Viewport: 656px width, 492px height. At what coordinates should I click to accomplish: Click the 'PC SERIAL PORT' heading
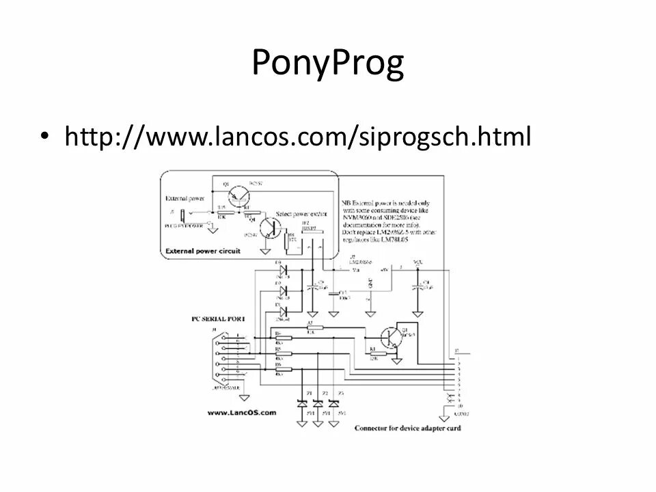pyautogui.click(x=217, y=318)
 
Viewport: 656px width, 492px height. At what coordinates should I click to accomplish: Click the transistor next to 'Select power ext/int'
pyautogui.click(x=273, y=228)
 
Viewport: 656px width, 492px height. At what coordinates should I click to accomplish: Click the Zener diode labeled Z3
pyautogui.click(x=333, y=402)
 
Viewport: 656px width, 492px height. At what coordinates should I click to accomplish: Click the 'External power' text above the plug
pyautogui.click(x=184, y=199)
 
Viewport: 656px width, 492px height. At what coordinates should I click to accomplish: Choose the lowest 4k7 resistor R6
pyautogui.click(x=282, y=370)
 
